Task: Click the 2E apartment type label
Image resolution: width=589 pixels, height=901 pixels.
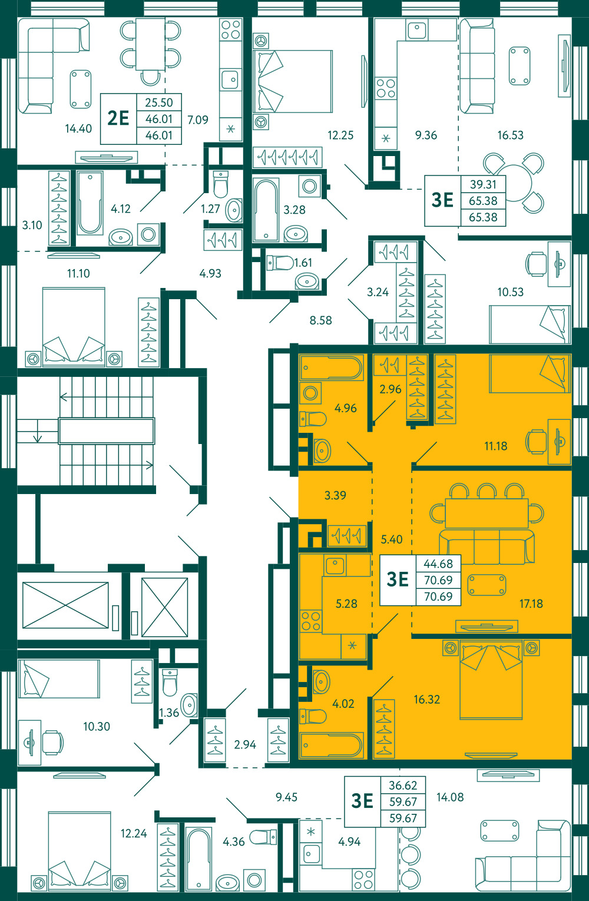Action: (118, 118)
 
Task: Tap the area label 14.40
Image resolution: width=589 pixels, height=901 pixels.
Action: (78, 129)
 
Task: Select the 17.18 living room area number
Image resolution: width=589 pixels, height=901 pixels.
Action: (531, 604)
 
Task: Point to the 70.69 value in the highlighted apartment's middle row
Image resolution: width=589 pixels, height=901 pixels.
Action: (438, 580)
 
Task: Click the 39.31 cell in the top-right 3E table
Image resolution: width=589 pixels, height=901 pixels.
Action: (483, 184)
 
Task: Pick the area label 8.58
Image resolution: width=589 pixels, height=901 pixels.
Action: (320, 320)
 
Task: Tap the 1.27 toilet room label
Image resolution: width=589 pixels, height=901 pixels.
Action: (210, 208)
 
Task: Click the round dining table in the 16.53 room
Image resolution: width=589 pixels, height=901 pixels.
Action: (514, 183)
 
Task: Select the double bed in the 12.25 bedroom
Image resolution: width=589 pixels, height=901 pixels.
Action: (293, 81)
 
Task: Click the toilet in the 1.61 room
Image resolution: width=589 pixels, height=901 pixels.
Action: (280, 263)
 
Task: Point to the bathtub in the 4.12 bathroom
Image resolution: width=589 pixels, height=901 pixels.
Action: (90, 203)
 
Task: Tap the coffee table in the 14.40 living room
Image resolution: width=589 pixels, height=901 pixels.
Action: (81, 90)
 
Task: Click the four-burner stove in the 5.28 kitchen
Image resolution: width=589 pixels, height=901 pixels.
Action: (311, 621)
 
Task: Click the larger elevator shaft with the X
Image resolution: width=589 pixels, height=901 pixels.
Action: (65, 605)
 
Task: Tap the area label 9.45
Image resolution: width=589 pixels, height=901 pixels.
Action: (286, 797)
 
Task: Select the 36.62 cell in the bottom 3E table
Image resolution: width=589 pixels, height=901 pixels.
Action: (403, 785)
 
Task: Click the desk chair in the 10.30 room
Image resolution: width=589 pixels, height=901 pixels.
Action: (52, 742)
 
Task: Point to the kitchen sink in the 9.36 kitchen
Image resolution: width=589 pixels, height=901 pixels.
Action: (417, 29)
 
